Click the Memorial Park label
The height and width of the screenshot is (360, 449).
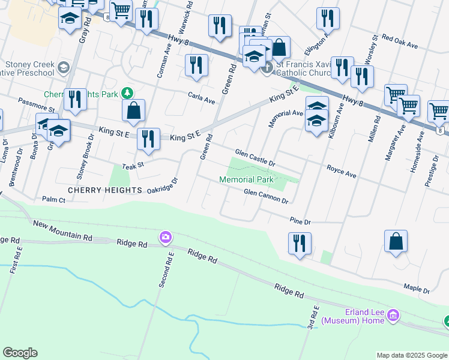(246, 179)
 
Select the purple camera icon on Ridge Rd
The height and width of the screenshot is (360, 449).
(165, 238)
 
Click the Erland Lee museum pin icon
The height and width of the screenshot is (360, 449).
(393, 315)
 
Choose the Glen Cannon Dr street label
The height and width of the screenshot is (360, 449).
(266, 196)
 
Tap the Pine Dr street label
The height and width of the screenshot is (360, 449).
(300, 221)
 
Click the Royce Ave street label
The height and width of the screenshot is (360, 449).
(341, 172)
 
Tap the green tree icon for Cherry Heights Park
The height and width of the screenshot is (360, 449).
(127, 93)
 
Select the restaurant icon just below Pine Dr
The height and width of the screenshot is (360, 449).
(298, 243)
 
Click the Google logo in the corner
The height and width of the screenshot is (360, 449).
(20, 353)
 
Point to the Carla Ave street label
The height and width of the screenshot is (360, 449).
(201, 98)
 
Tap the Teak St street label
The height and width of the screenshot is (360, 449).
(133, 165)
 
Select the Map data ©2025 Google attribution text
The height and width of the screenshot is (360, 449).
(412, 355)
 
